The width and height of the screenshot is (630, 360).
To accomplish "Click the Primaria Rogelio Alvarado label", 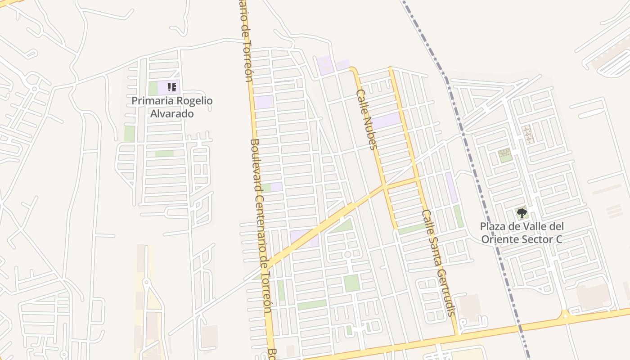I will click(172, 107).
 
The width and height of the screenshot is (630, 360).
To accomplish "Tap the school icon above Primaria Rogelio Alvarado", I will click(171, 87).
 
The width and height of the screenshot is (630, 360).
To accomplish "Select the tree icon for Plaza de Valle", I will click(522, 213).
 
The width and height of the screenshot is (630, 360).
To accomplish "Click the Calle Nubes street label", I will click(366, 119).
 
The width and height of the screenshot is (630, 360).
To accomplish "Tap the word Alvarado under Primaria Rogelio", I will click(172, 114).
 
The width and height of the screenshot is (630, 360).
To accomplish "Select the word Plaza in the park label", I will click(493, 226).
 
